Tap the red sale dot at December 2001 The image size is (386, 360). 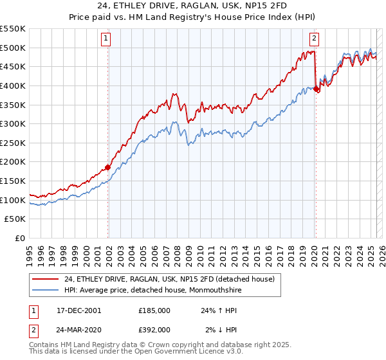pyautogui.click(x=107, y=167)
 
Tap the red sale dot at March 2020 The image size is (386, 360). pyautogui.click(x=316, y=89)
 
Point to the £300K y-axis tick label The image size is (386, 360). pyautogui.click(x=14, y=123)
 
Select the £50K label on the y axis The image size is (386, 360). pyautogui.click(x=16, y=219)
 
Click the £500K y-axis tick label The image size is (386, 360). pyautogui.click(x=14, y=48)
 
